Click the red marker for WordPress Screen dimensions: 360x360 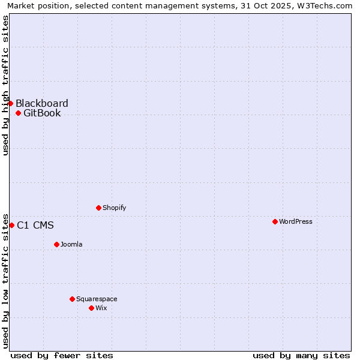[x=275, y=221]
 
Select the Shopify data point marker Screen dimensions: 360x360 [x=98, y=208]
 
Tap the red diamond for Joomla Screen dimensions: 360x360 [x=56, y=244]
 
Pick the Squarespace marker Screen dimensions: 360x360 [x=72, y=299]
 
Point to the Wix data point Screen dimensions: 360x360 [x=91, y=308]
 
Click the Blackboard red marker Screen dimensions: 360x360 [x=10, y=103]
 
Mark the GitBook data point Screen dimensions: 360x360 [x=18, y=113]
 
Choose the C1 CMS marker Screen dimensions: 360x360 [x=11, y=225]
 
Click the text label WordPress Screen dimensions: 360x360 [x=296, y=221]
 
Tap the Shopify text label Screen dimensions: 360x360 [x=114, y=208]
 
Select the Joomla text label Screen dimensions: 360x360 [x=71, y=244]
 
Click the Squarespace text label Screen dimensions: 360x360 [x=97, y=299]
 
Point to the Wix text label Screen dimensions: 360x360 [x=101, y=308]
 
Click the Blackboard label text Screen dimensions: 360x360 [x=42, y=103]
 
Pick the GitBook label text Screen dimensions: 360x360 [x=42, y=113]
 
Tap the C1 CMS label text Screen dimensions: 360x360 [x=35, y=226]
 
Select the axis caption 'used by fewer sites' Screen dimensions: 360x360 [x=62, y=355]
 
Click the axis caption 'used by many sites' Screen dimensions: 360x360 [x=301, y=355]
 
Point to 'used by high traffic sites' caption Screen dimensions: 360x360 [x=5, y=85]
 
